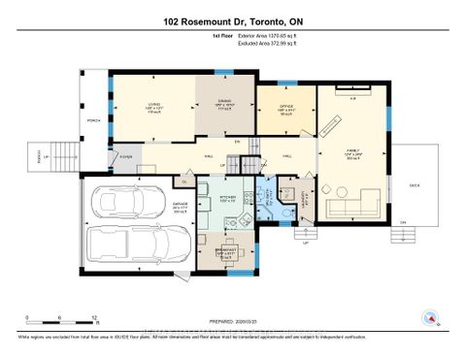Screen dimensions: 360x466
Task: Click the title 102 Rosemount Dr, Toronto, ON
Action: click(x=232, y=19)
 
